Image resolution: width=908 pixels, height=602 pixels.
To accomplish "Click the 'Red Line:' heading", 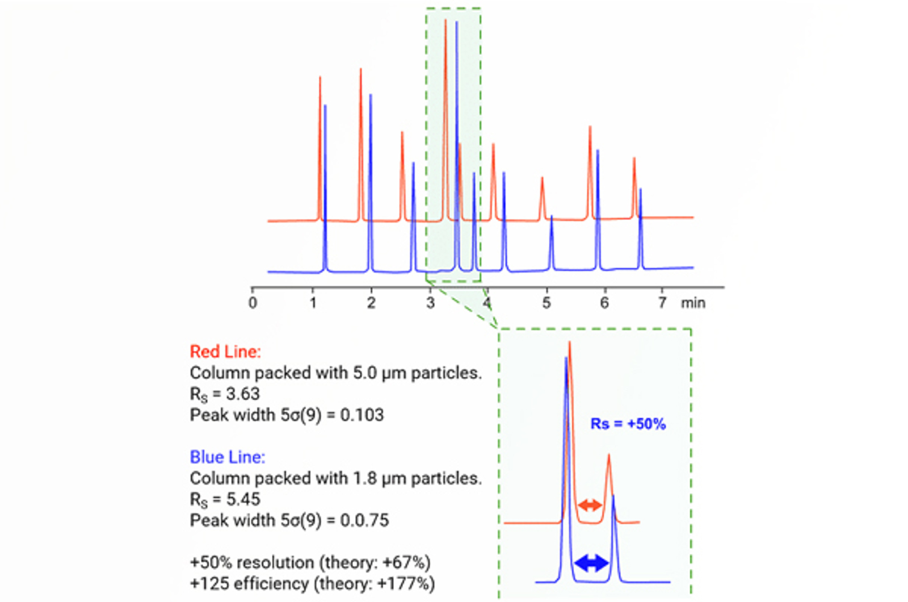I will (x=225, y=352).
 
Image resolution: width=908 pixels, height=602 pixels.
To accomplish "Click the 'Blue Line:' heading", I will (x=227, y=457).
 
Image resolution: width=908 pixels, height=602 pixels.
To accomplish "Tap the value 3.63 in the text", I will (x=242, y=394).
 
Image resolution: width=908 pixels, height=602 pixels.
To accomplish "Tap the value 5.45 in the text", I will (x=243, y=499).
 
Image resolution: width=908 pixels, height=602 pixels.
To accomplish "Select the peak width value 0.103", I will (x=361, y=415).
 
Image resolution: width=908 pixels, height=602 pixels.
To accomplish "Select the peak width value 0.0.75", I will (x=364, y=520).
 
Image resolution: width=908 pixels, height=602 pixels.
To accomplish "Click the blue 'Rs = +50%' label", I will (x=628, y=424).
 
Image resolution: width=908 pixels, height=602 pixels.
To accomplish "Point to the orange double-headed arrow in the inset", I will (x=590, y=504).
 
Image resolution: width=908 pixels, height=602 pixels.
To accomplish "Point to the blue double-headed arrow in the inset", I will (x=591, y=563).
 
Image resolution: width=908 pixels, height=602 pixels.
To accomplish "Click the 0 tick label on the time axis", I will (x=253, y=303).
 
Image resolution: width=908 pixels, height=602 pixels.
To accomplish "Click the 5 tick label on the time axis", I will (x=546, y=303).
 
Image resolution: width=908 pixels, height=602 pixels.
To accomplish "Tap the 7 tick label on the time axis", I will (x=662, y=303).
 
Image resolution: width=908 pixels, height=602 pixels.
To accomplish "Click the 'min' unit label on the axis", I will (x=693, y=303).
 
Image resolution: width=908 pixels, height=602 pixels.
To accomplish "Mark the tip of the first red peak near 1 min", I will (x=320, y=78).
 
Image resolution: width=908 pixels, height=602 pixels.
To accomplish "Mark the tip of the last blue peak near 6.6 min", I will (x=640, y=190).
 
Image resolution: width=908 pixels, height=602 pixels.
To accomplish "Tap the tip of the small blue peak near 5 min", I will (x=551, y=216).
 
